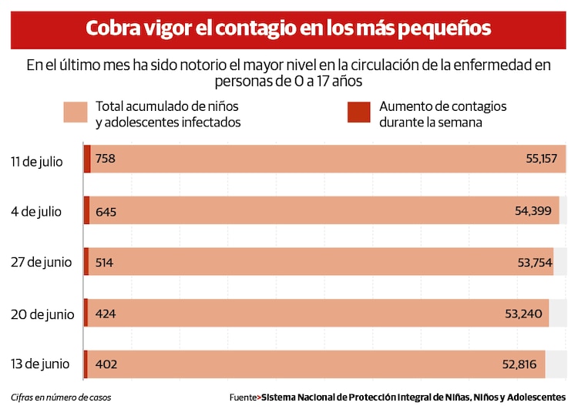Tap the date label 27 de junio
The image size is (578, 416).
point(41,262)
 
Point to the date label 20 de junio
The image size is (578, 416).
point(42,314)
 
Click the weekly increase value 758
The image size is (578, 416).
point(106,159)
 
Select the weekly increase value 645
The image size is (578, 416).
point(106,211)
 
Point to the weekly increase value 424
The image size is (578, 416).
point(106,314)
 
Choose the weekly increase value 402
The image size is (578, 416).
point(106,364)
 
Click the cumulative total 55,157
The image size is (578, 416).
point(541,159)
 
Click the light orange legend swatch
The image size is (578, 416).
point(75,112)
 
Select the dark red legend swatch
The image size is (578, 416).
point(358,112)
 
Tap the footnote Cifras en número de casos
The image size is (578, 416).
point(61,398)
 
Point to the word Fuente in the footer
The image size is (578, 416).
point(243,398)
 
